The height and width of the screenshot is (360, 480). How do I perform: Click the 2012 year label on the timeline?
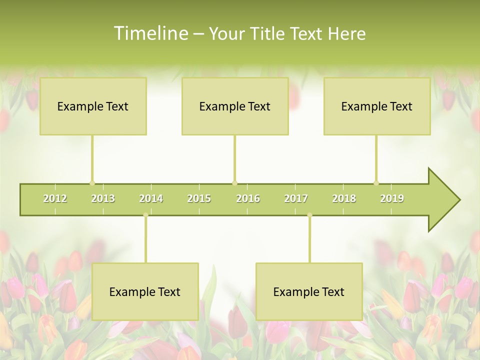tap(55, 198)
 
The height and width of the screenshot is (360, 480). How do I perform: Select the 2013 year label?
tap(103, 198)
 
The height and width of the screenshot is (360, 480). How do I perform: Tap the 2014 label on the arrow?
tap(151, 198)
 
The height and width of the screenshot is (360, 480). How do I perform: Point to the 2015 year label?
tap(199, 198)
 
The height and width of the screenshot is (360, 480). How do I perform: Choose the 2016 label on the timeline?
tap(248, 198)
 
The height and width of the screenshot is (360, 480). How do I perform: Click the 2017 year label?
tap(296, 198)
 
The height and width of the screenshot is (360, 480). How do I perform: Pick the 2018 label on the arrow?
tap(344, 198)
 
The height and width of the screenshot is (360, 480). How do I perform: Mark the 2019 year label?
tap(392, 198)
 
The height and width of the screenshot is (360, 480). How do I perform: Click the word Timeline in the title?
tap(150, 33)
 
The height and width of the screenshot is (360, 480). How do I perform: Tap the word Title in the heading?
tap(268, 34)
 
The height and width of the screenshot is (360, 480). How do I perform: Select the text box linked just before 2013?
tap(93, 106)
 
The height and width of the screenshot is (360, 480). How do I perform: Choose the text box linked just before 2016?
tap(235, 106)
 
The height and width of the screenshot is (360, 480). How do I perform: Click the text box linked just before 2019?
tap(377, 106)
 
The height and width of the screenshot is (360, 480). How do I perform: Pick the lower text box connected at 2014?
tap(145, 291)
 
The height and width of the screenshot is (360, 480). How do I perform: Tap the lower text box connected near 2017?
tap(309, 291)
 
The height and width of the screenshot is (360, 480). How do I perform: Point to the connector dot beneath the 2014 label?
tap(145, 215)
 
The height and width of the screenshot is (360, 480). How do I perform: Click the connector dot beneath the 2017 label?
tap(309, 215)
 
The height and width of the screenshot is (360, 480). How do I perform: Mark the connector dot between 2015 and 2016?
tap(234, 183)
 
